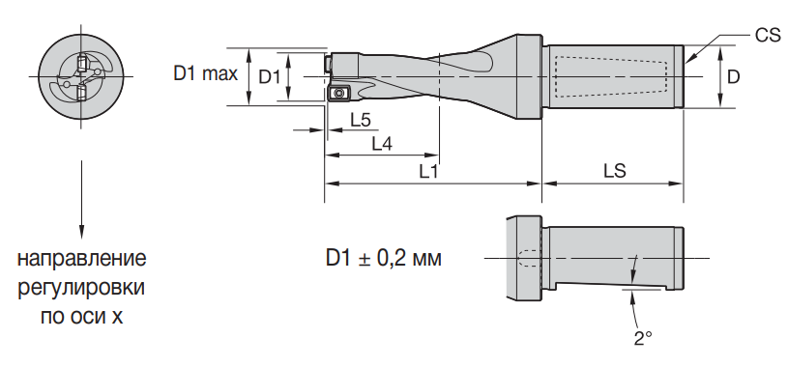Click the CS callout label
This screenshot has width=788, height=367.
click(768, 36)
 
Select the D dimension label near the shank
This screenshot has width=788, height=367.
click(734, 77)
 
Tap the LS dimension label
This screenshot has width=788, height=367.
click(615, 171)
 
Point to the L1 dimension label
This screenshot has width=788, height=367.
click(429, 172)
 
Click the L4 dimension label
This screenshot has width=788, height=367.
click(382, 144)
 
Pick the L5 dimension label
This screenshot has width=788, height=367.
click(361, 120)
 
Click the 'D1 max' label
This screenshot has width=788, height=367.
click(206, 74)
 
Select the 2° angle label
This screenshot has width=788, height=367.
click(643, 338)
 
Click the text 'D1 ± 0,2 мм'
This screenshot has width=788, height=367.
click(384, 258)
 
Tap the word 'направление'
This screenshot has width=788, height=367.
click(82, 260)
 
